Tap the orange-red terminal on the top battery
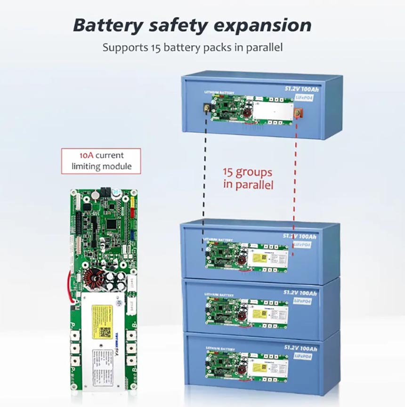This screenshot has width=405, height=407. coord(297,113)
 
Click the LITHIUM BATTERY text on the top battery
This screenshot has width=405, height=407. coord(219,93)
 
